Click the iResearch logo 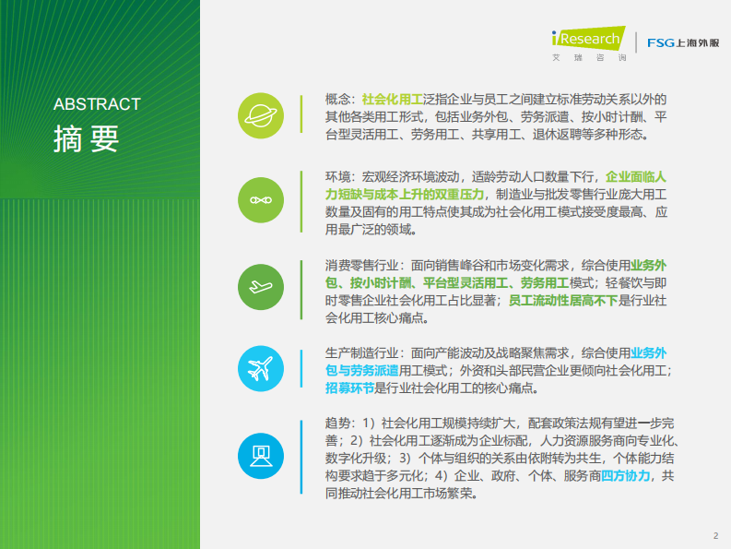tap(585, 43)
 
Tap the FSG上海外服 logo tap(683, 42)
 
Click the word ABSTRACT tap(97, 104)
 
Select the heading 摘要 tap(86, 138)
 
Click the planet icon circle tap(261, 114)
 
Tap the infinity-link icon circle tap(261, 200)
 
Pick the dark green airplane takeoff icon tap(261, 286)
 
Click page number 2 tap(714, 535)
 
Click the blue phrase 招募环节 tap(349, 388)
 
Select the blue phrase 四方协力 tap(626, 476)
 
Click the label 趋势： tap(339, 422)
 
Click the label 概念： tap(339, 99)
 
